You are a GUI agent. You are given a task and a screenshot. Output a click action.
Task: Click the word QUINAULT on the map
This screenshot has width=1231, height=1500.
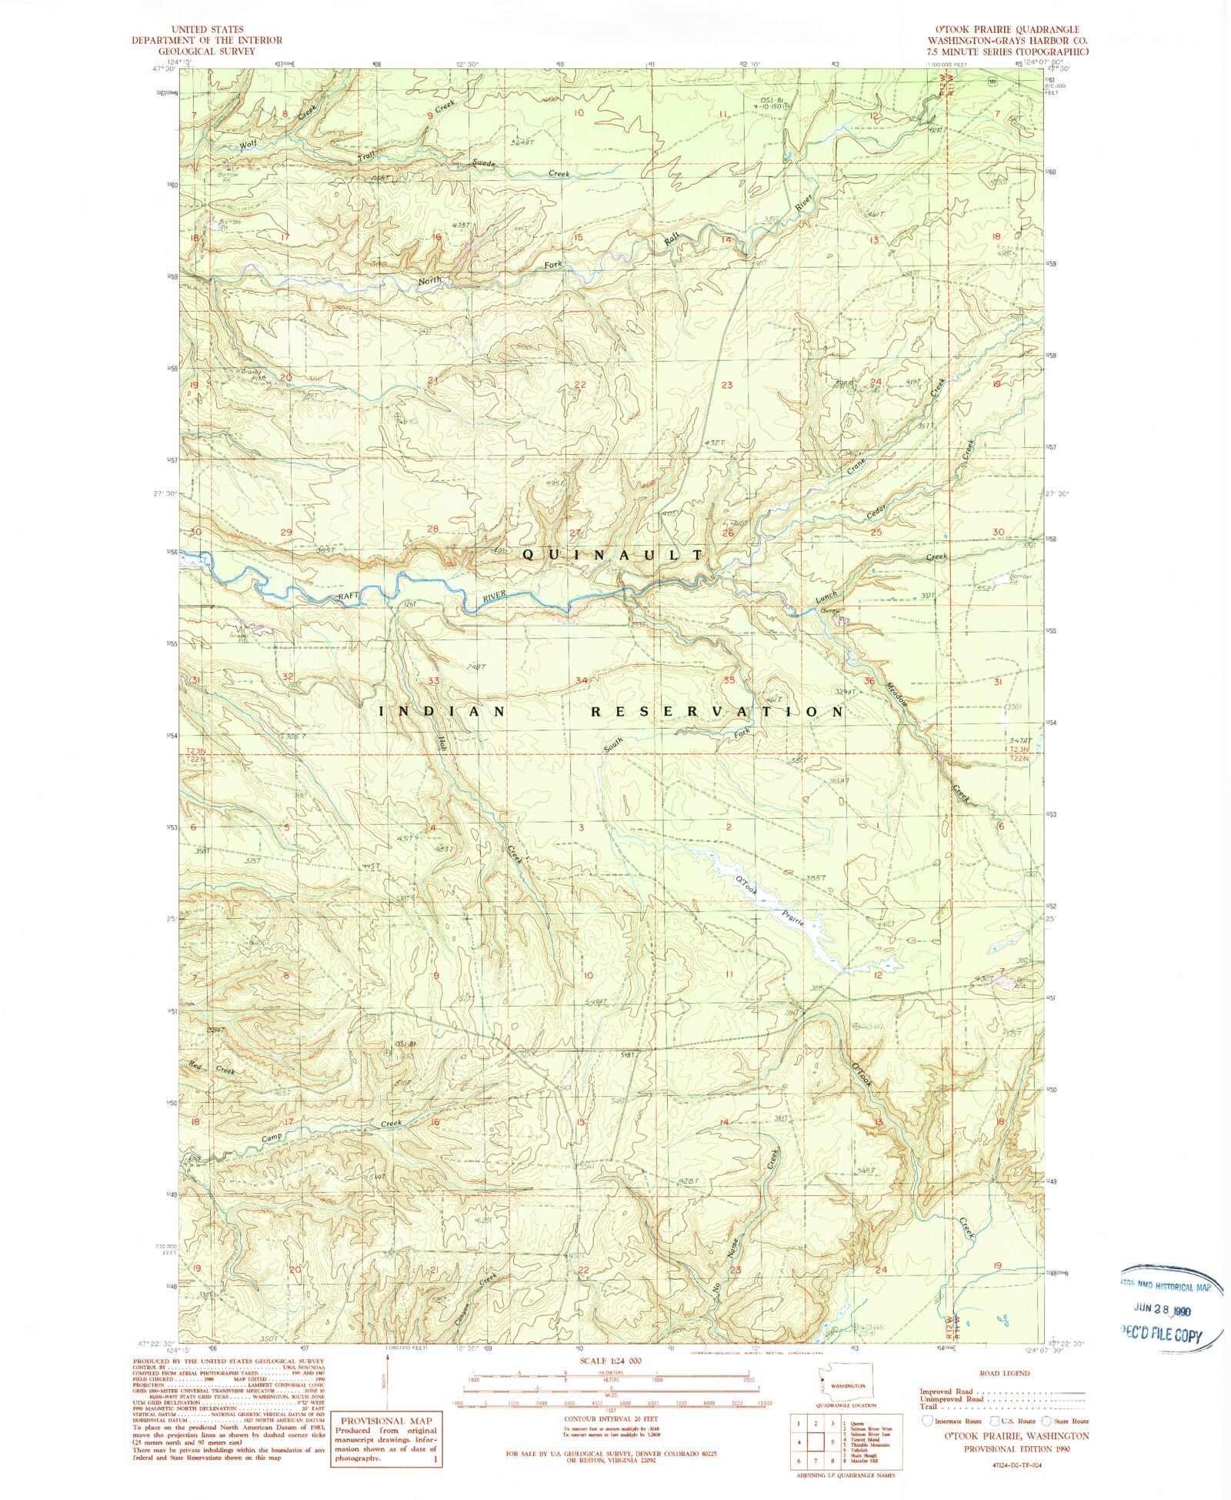point(613,554)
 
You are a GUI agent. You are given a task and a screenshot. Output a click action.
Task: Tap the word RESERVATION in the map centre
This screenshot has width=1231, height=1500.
point(717,712)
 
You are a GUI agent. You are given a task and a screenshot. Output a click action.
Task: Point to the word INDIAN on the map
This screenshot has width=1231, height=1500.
point(442,712)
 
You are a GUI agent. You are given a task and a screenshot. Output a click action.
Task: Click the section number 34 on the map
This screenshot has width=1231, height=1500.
point(582,680)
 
